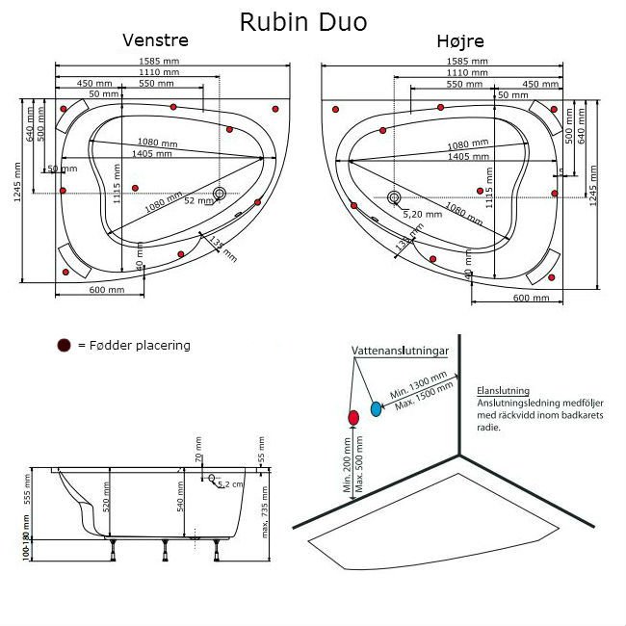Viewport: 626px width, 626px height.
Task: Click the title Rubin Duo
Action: pyautogui.click(x=303, y=21)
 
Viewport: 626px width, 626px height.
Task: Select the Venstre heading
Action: pyautogui.click(x=155, y=40)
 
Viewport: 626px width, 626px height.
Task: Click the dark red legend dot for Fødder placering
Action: pyautogui.click(x=64, y=345)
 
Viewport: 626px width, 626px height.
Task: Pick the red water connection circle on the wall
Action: pyautogui.click(x=352, y=416)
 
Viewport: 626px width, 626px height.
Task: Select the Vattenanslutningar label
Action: pyautogui.click(x=400, y=353)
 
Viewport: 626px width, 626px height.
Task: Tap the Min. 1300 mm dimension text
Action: pyautogui.click(x=408, y=388)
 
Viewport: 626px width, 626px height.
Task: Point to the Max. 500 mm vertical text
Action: pyautogui.click(x=360, y=463)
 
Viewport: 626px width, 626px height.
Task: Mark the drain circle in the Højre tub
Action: pyautogui.click(x=394, y=198)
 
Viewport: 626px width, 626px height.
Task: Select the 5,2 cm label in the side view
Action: pyautogui.click(x=230, y=484)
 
